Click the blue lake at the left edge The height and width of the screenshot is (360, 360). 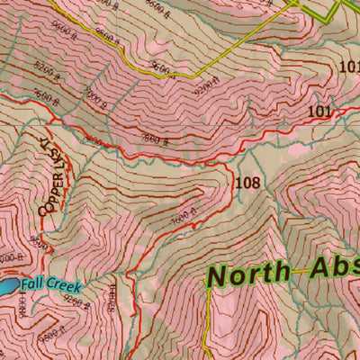5,287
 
